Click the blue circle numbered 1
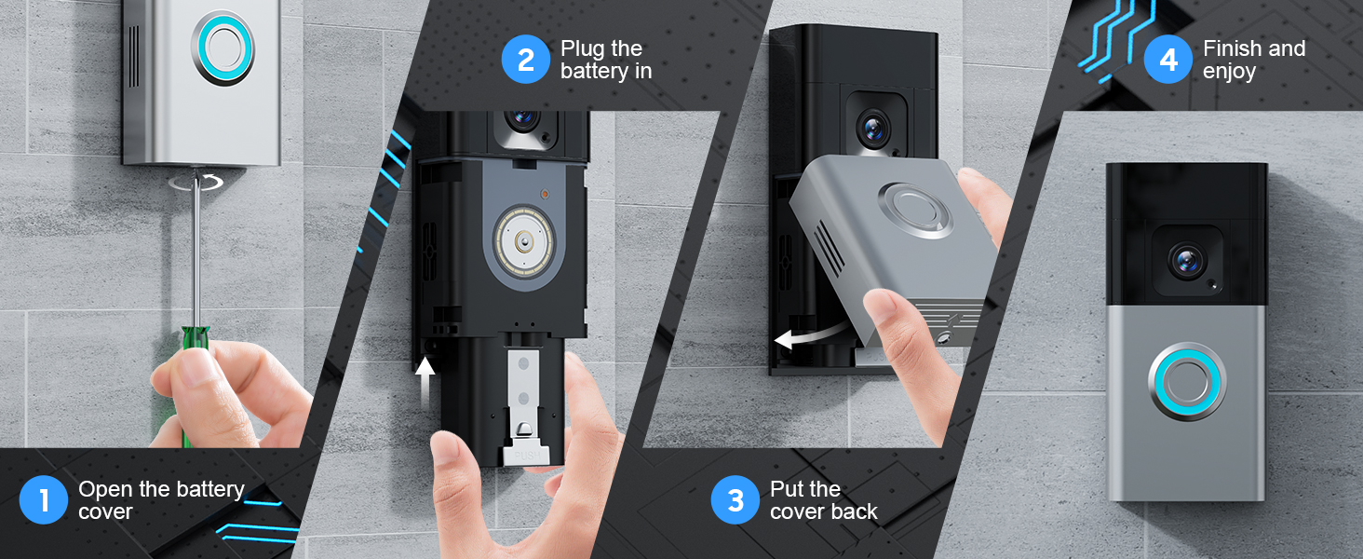coord(43,500)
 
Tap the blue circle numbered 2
coord(526,59)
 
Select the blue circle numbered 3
coord(735,500)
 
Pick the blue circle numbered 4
coord(1167,59)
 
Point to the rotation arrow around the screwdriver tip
coord(196,182)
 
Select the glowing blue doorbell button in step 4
coord(1186,382)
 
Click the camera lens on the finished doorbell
coord(1186,261)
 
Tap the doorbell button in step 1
coord(223,48)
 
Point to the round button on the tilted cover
coord(914,210)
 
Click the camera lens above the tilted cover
coord(873,130)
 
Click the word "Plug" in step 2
coord(584,48)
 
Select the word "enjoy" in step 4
coord(1229,72)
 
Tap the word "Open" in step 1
coord(105,489)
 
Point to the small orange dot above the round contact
coord(545,194)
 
